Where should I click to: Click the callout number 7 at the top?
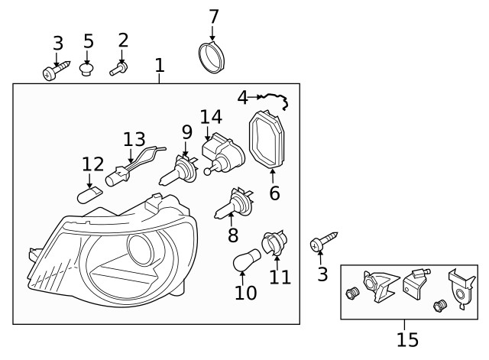coord(213,15)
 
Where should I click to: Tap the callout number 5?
coord(89,41)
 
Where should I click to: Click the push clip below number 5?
coord(88,70)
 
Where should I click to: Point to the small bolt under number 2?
coord(118,70)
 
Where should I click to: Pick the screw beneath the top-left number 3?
coord(56,73)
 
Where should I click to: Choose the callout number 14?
coord(211,117)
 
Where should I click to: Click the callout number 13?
coord(134,139)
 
